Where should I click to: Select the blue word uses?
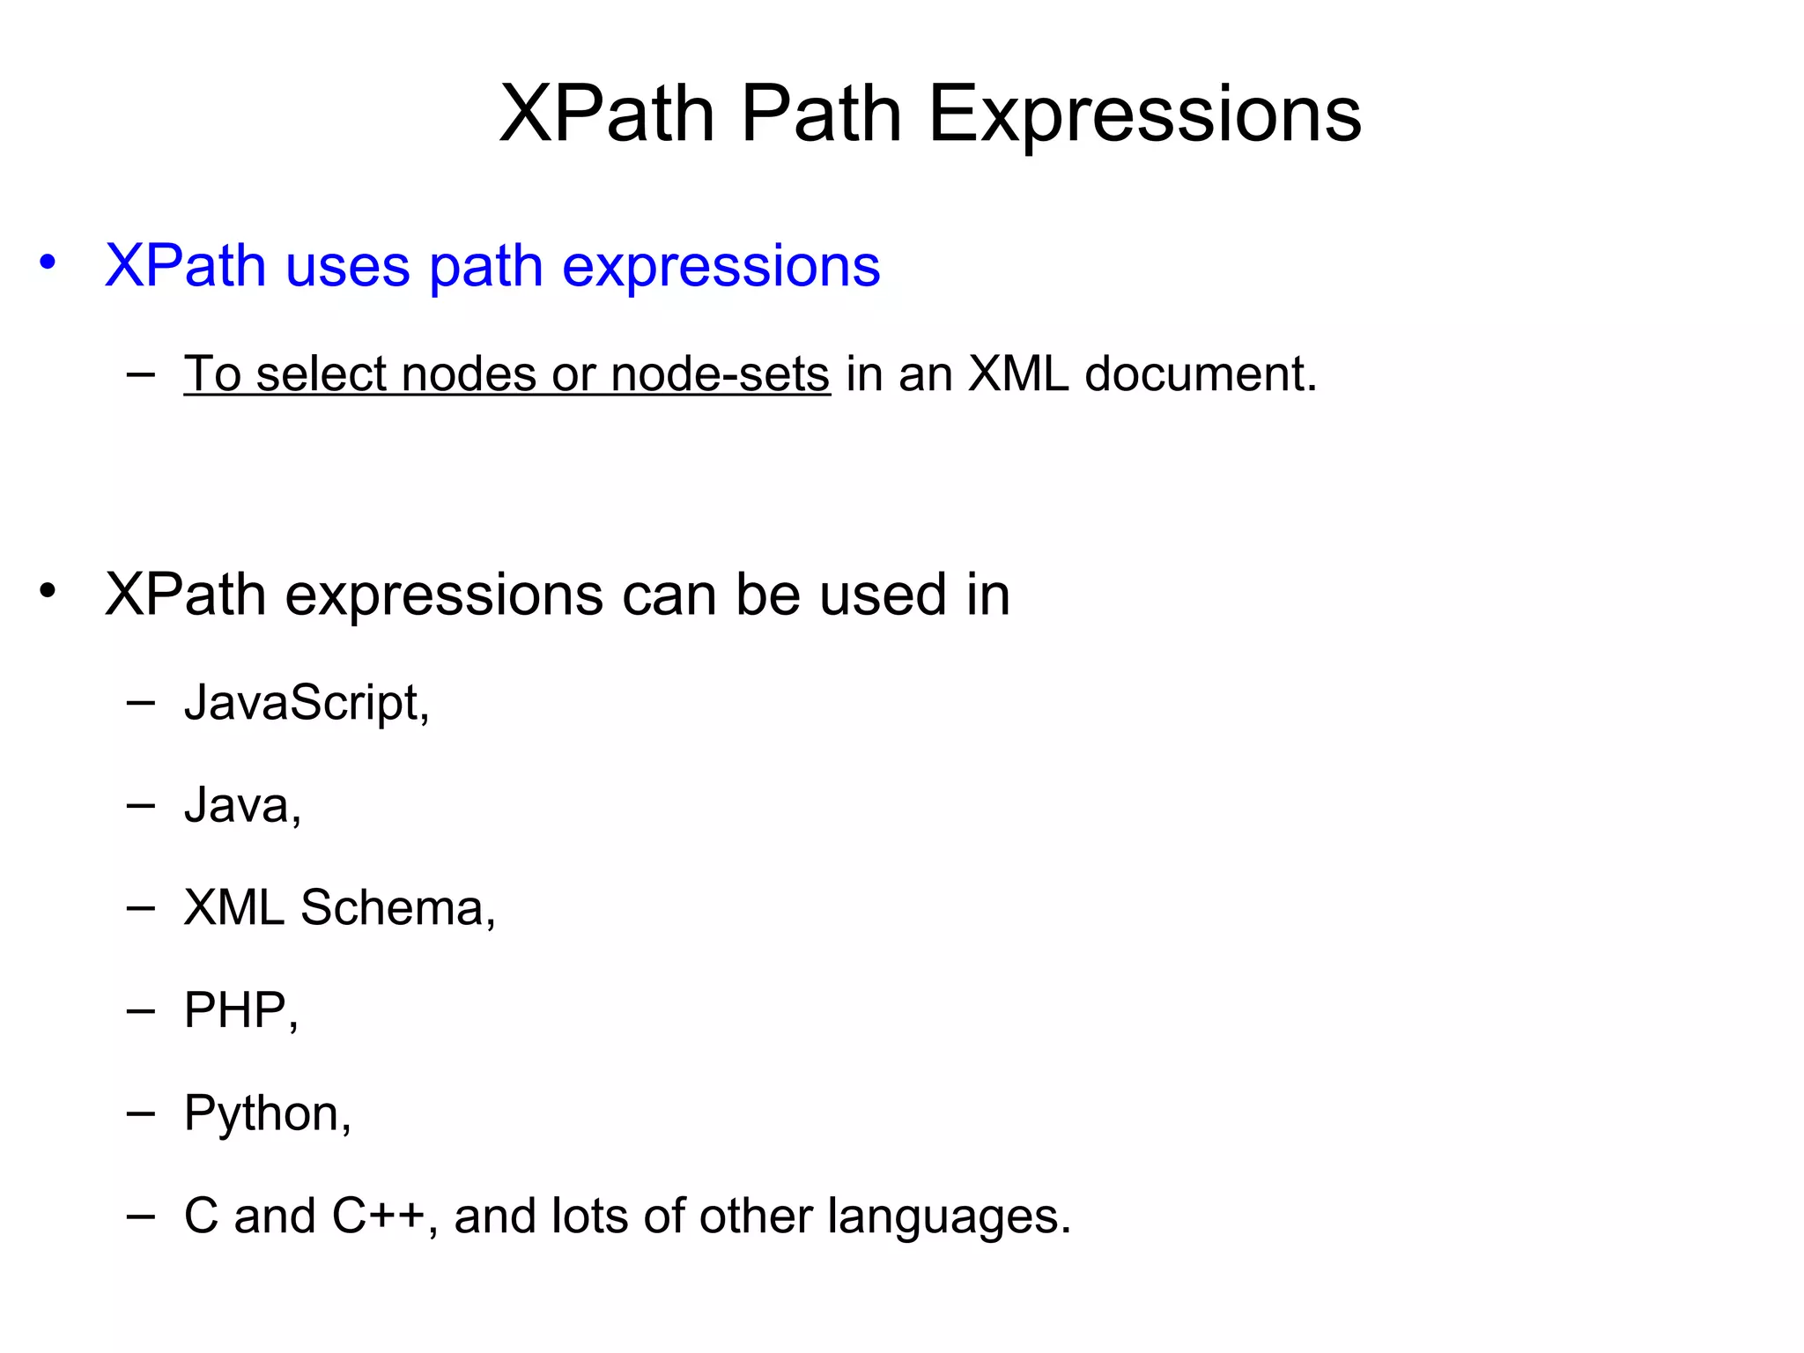tap(348, 266)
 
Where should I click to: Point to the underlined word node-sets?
tap(720, 374)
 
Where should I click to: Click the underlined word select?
tap(321, 374)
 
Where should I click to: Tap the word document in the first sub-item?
tap(1200, 374)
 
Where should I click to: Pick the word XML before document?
tap(1018, 374)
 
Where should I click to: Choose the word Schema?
tap(397, 907)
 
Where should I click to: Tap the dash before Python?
tap(141, 1114)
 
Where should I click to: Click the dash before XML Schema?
tap(141, 908)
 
